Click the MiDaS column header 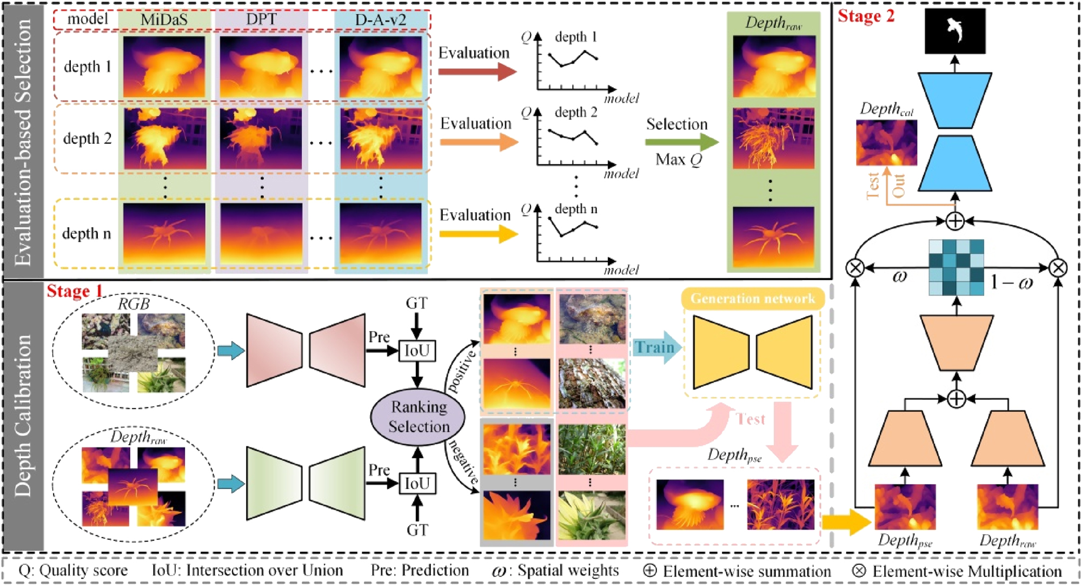[x=164, y=19]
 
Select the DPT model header [x=261, y=19]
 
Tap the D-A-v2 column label [x=381, y=19]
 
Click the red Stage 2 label [x=866, y=16]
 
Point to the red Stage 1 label [x=75, y=291]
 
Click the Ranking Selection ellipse [x=418, y=417]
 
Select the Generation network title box [x=752, y=298]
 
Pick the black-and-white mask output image [x=955, y=31]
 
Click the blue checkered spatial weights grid [x=956, y=267]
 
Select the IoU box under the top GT [x=417, y=351]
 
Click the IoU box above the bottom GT [x=417, y=483]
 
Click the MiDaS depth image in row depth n [x=164, y=233]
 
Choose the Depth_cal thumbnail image [x=886, y=142]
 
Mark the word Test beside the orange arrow [x=873, y=186]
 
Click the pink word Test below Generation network [x=751, y=419]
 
